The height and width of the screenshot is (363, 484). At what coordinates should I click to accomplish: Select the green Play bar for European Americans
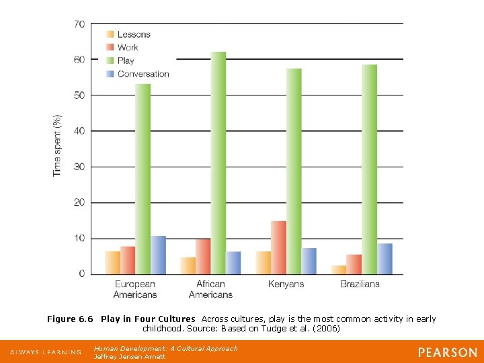(143, 179)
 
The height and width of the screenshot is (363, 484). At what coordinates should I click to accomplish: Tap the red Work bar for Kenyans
(278, 247)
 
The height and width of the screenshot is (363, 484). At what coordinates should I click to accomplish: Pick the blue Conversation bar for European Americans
(158, 255)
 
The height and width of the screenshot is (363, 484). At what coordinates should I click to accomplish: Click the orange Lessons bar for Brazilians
(338, 270)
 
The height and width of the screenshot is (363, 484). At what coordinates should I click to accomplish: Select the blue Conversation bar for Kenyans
(309, 261)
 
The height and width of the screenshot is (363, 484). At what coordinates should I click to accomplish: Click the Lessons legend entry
(134, 34)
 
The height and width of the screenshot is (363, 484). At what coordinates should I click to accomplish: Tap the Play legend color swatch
(110, 61)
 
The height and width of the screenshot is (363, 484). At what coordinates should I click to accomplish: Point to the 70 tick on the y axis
(79, 24)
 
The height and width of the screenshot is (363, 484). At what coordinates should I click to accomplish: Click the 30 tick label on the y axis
(79, 167)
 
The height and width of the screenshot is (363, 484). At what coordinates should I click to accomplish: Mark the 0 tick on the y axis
(81, 274)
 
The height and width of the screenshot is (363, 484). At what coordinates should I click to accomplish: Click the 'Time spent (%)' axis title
(57, 145)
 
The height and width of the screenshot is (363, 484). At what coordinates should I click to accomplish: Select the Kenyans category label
(286, 284)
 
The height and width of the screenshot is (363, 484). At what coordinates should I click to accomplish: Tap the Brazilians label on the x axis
(360, 284)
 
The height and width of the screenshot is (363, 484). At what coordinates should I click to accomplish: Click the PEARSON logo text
(447, 352)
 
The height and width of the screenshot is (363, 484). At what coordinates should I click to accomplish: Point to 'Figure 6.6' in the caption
(70, 319)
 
